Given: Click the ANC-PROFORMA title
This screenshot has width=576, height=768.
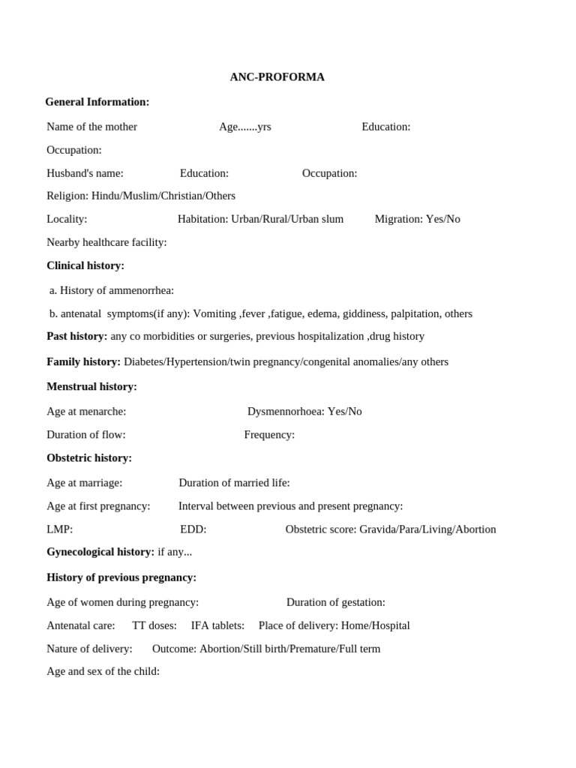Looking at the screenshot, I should click(x=277, y=77).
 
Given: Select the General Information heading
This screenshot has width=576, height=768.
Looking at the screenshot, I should click(x=97, y=102).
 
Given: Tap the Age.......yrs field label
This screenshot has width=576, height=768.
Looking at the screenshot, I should click(x=244, y=127).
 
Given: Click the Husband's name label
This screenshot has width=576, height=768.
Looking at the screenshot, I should click(x=85, y=173).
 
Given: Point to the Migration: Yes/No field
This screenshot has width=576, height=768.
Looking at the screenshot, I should click(x=417, y=219).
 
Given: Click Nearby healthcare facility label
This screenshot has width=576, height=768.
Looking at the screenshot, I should click(x=106, y=242).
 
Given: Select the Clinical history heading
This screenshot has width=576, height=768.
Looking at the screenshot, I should click(x=85, y=265).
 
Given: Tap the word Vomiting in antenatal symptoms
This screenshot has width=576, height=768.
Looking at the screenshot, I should click(x=214, y=313).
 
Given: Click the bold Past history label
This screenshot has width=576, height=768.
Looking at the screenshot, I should click(x=77, y=336).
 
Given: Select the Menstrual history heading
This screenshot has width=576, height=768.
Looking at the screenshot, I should click(x=91, y=386).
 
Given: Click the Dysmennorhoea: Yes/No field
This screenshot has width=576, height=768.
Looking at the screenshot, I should click(x=304, y=411).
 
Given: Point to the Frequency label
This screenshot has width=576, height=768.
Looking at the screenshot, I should click(x=269, y=434).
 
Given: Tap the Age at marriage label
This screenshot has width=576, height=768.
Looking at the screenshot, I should click(x=84, y=482).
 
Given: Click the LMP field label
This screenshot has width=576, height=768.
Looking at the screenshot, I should click(x=59, y=529).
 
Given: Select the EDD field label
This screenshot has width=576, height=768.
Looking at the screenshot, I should click(x=193, y=529).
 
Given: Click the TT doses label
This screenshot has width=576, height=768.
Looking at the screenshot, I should click(x=154, y=625).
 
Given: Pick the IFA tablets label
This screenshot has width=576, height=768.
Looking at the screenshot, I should click(x=217, y=625).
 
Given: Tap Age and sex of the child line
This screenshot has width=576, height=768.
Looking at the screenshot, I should click(x=103, y=671).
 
